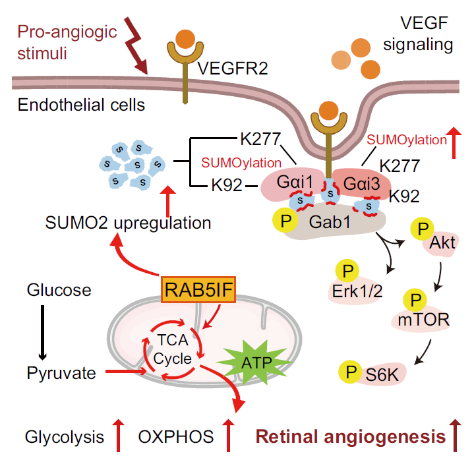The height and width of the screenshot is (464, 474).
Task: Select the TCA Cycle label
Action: tap(173, 350)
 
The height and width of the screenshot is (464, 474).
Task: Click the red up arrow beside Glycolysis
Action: tap(119, 436)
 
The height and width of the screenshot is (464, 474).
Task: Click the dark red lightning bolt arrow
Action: tap(139, 47)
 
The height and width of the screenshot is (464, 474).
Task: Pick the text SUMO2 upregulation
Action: tap(129, 223)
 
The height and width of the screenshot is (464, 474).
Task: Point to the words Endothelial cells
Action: tap(81, 104)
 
